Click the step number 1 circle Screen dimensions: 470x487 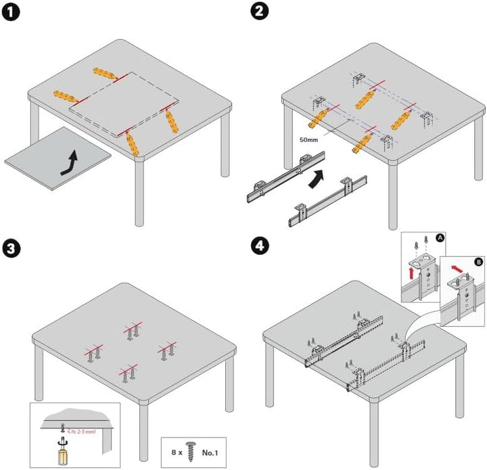tap(11, 11)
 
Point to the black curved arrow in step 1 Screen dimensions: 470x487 tap(69, 163)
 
